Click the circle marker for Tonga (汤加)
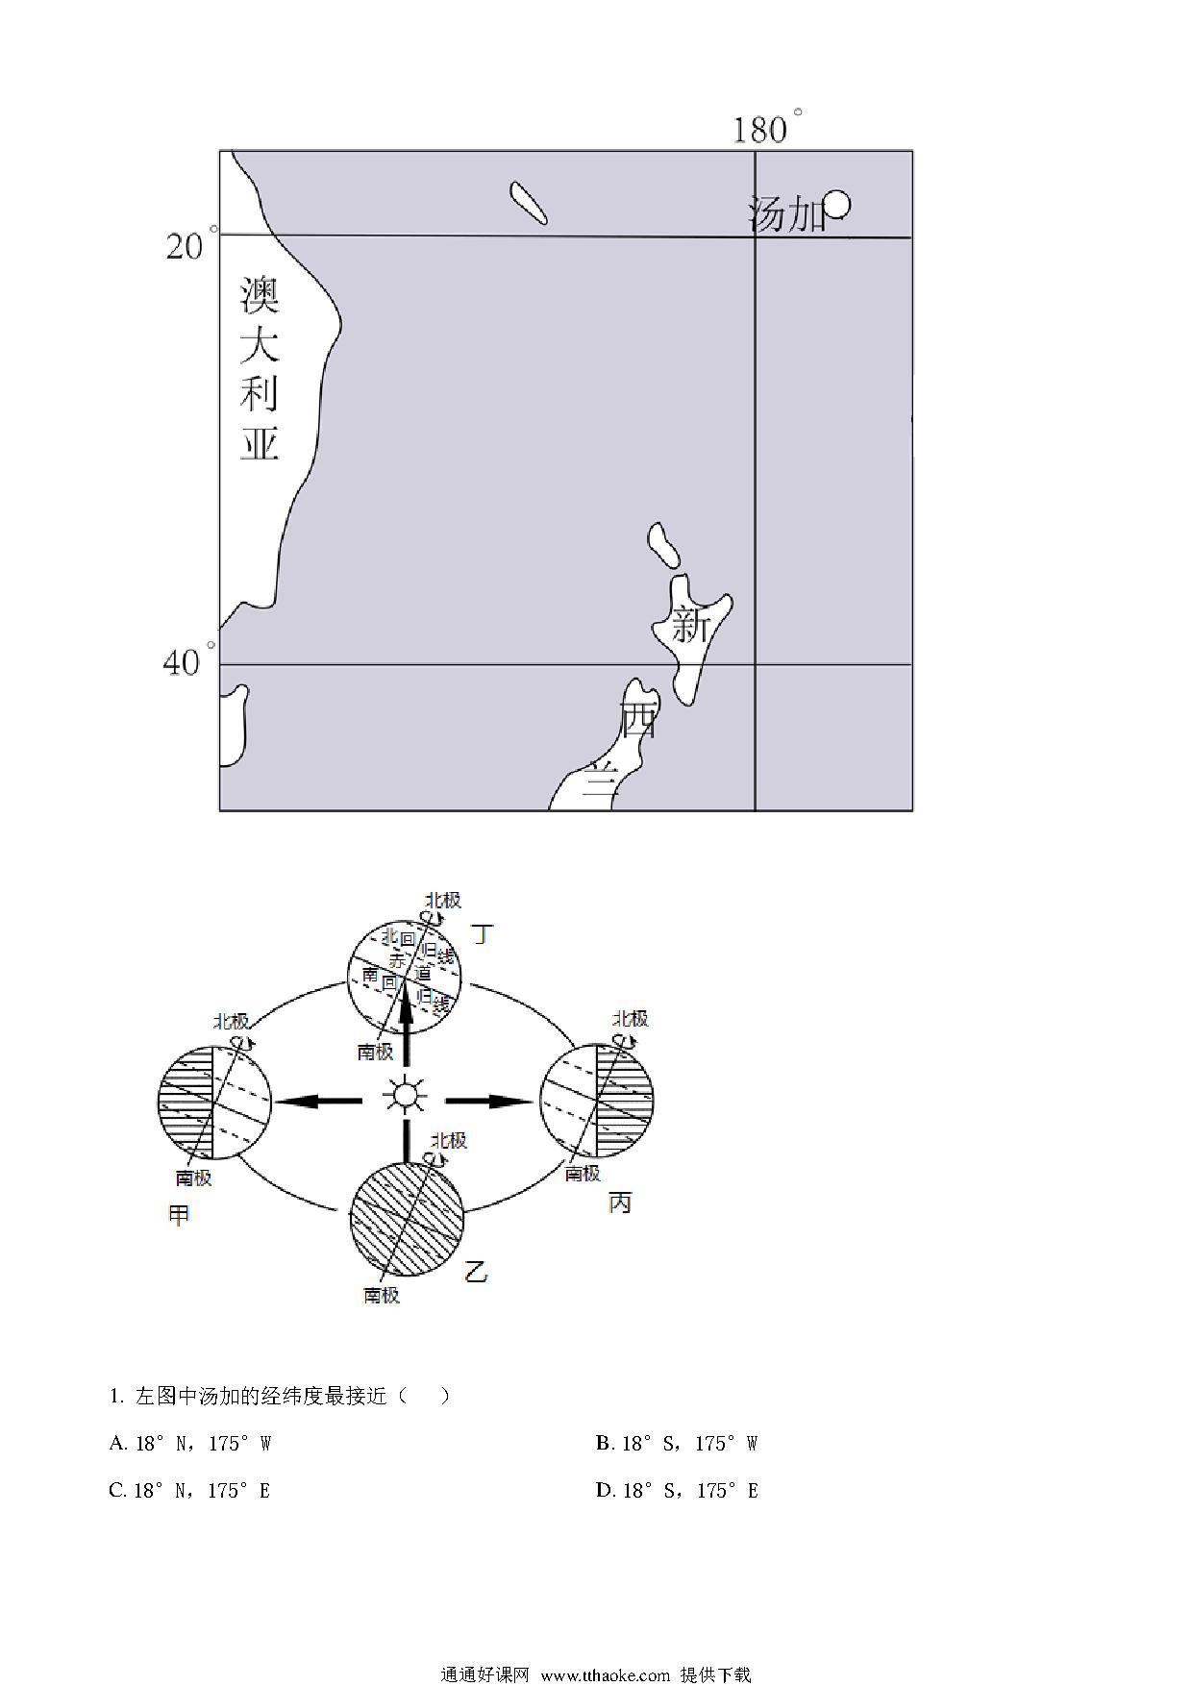837,204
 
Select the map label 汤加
786,214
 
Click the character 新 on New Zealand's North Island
690,625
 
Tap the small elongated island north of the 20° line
529,203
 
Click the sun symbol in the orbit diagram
404,1095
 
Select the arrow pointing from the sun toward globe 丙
489,1101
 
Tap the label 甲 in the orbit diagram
179,1215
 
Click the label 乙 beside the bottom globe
476,1273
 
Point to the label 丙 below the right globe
620,1203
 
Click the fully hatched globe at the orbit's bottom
407,1218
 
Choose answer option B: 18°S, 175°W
677,1443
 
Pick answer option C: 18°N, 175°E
190,1490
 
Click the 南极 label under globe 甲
193,1178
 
